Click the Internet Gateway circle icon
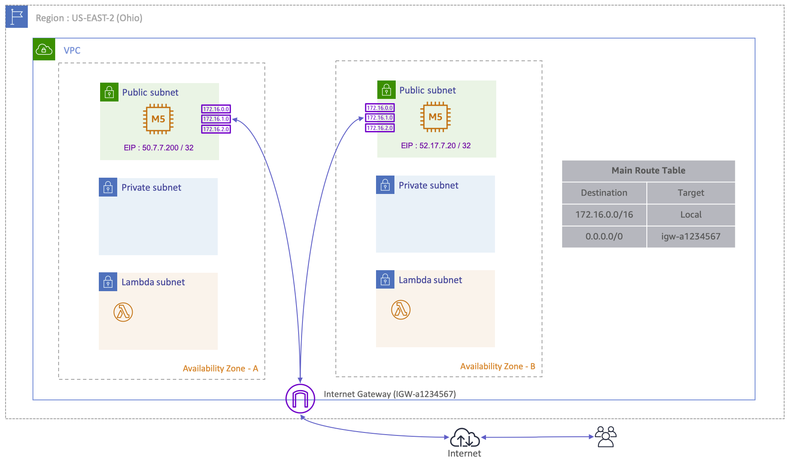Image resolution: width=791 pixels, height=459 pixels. coord(300,399)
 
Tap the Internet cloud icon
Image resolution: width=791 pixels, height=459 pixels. coord(465,438)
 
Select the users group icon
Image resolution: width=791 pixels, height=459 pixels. coord(605,437)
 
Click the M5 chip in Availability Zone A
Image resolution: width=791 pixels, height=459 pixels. coord(158,119)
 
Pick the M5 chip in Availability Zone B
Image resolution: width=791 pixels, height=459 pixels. coord(435,117)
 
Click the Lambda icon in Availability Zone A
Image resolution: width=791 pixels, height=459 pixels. coord(123,312)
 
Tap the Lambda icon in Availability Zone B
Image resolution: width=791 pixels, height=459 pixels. coord(401,310)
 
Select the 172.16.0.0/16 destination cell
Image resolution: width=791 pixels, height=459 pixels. coord(604,215)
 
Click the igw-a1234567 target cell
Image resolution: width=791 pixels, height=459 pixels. coord(690,236)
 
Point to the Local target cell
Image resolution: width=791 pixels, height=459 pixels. coord(690,215)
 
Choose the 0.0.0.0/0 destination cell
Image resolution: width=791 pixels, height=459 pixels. coord(604,236)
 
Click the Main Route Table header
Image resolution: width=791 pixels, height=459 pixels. coord(648,170)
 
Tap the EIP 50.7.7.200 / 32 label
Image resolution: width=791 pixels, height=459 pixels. coord(159,148)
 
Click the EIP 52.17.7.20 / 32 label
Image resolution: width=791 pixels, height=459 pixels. coord(436,146)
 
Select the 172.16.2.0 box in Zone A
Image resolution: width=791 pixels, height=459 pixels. coord(216,129)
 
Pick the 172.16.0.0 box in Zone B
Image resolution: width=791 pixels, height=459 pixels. coord(380,108)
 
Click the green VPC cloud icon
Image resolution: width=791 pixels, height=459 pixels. coord(44,49)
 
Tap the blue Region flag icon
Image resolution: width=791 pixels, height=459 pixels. coord(17,17)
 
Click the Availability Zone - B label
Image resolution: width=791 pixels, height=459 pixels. coord(498,367)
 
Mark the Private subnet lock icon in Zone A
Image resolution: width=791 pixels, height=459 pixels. coord(108,187)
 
